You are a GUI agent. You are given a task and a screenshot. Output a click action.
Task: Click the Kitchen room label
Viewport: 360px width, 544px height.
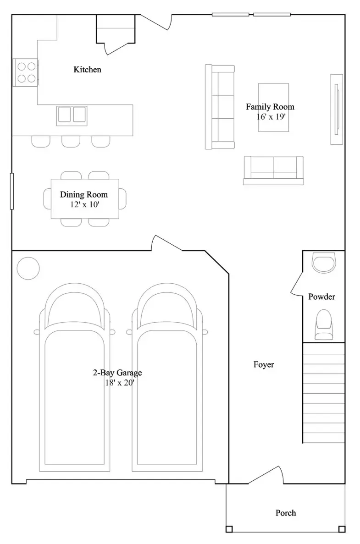click(87, 69)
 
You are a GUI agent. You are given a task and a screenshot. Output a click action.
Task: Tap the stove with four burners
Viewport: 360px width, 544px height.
click(26, 72)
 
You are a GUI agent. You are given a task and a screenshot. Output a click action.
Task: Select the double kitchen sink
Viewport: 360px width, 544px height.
click(72, 115)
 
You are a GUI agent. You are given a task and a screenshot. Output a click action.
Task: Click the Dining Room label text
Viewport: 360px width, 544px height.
click(83, 194)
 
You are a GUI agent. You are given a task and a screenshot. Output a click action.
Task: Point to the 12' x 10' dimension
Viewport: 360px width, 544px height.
click(85, 204)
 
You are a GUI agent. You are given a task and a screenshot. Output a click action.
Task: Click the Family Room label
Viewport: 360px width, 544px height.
click(270, 106)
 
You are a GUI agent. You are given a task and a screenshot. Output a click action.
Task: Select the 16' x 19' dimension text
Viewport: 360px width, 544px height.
click(271, 116)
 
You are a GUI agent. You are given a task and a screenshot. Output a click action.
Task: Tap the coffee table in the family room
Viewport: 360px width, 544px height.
click(274, 108)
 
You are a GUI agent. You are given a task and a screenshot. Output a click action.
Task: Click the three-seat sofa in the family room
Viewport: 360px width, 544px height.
click(220, 107)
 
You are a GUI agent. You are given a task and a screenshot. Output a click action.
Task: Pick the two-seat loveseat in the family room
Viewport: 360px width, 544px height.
click(274, 170)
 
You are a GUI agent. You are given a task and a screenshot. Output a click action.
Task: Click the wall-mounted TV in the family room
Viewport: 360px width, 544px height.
click(337, 109)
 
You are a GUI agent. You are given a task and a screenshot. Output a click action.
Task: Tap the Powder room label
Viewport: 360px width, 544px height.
click(322, 297)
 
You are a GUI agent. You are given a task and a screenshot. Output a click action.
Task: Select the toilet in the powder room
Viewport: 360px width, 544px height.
click(324, 325)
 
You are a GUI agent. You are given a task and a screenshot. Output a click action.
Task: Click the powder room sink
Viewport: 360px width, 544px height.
click(324, 263)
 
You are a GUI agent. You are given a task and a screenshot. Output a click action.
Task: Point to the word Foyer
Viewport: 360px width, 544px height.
click(264, 364)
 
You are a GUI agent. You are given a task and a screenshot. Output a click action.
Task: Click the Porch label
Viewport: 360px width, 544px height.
click(286, 513)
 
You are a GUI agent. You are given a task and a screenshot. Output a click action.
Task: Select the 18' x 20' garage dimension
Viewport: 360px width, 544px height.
click(119, 383)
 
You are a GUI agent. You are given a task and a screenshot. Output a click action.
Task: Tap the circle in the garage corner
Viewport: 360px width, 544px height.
click(28, 268)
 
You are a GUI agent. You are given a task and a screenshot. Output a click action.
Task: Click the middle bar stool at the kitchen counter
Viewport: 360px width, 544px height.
click(71, 142)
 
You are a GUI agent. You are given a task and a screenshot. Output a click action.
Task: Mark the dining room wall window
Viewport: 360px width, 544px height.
click(12, 191)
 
